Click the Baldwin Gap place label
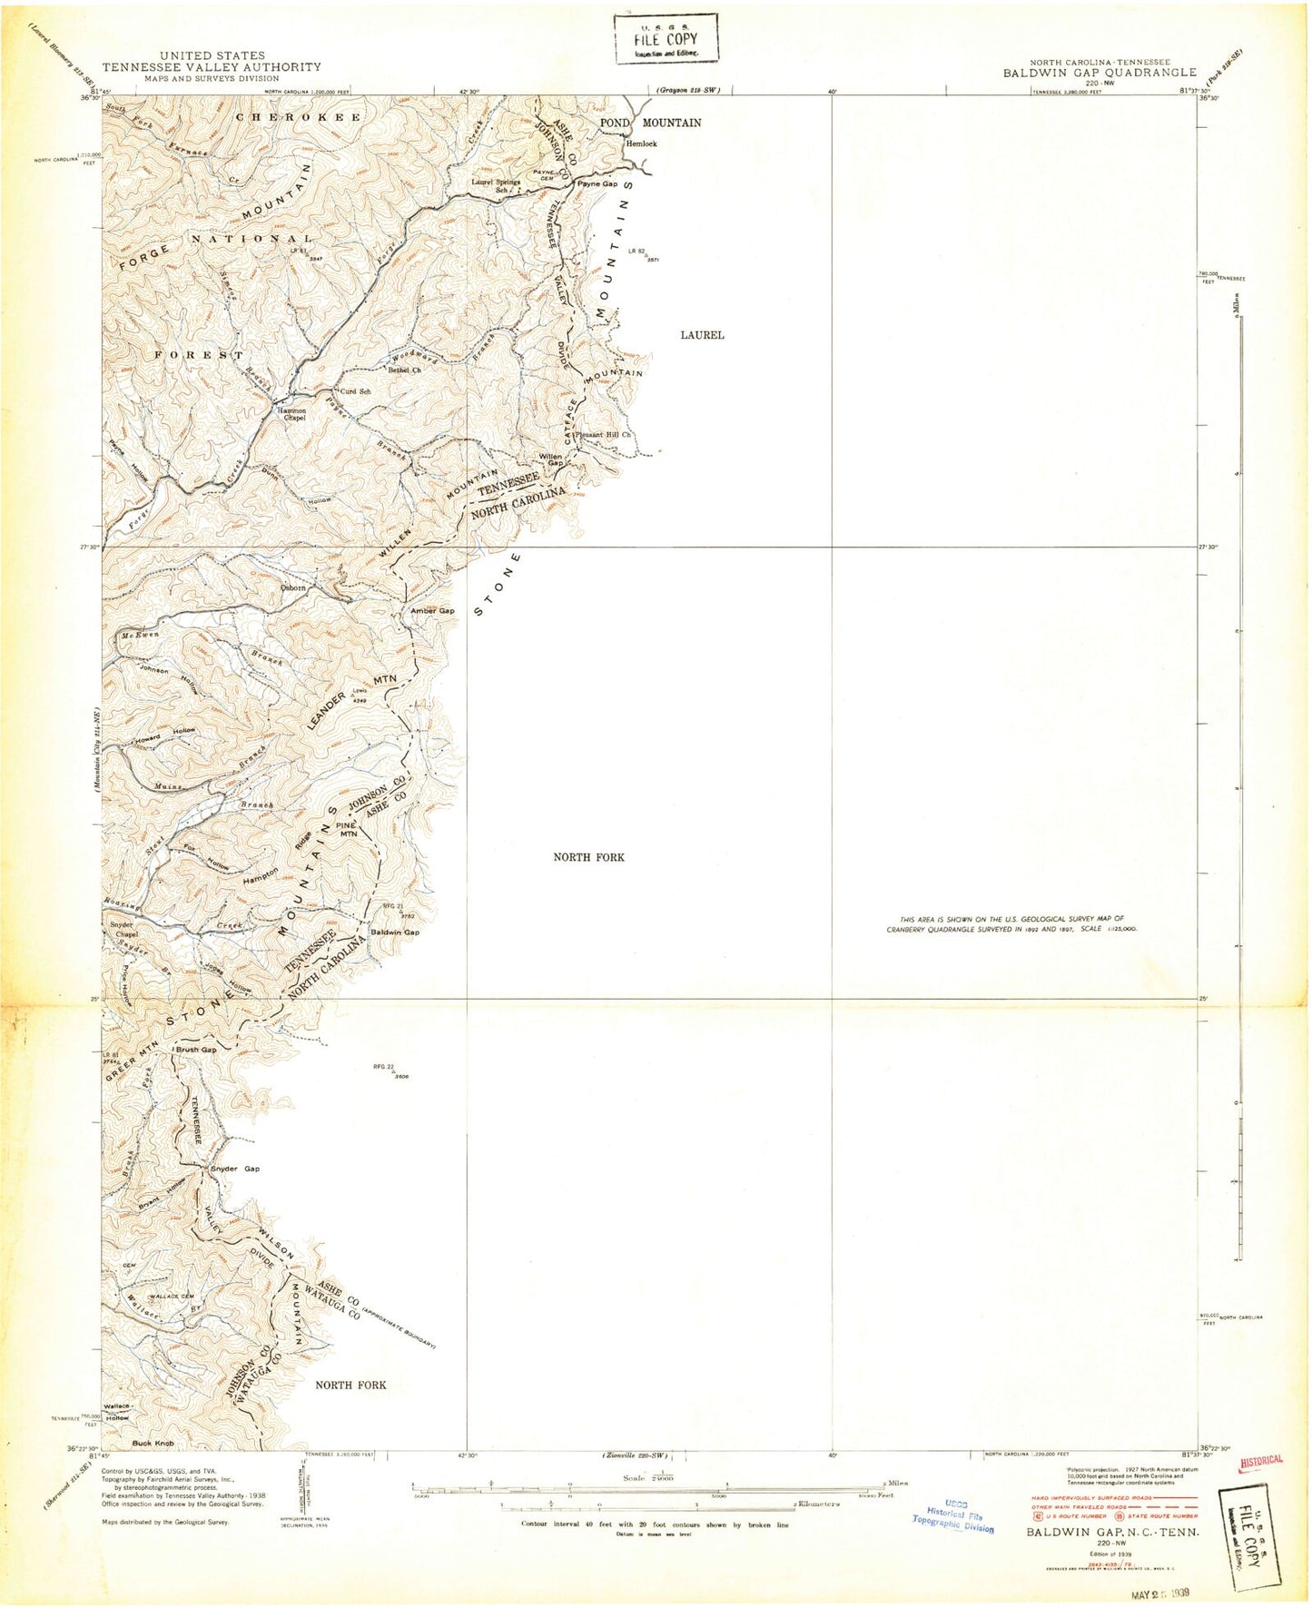tap(395, 932)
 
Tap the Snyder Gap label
tap(235, 1169)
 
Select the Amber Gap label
tap(432, 611)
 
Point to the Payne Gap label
tap(597, 183)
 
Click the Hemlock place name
tap(640, 143)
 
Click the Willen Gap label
tap(551, 459)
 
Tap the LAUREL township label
tap(702, 335)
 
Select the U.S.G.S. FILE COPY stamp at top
tap(666, 38)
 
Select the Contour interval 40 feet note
tap(654, 1524)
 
